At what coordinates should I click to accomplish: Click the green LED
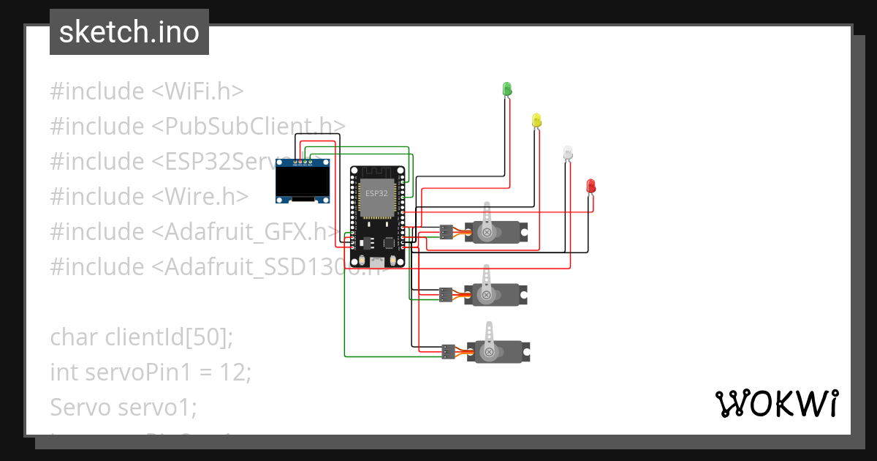point(506,89)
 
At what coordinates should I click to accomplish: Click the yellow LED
point(536,120)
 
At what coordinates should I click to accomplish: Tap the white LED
point(568,153)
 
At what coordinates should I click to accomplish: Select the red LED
point(591,186)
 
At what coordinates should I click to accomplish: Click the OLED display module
point(303,181)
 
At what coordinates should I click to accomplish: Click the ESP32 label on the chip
point(376,193)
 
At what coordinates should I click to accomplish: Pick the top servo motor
point(496,231)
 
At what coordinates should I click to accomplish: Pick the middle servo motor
point(496,294)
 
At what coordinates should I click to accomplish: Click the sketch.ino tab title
point(129,32)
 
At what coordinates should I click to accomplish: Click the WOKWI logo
point(775,403)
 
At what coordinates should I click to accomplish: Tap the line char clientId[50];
point(141,337)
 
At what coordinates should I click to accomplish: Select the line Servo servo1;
point(124,406)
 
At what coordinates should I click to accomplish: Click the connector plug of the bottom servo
point(447,351)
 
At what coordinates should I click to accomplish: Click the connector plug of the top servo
point(446,233)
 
